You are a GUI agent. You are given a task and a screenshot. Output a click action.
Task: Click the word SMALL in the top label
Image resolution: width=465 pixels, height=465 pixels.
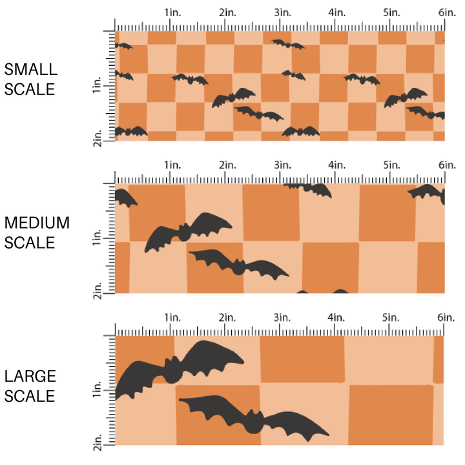30,70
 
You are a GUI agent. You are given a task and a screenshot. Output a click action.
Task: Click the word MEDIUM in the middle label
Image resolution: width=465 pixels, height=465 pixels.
37,223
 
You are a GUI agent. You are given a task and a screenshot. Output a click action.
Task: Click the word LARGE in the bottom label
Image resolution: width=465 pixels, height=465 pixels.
30,376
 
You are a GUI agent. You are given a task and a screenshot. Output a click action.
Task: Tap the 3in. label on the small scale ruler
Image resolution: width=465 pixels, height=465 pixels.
281,13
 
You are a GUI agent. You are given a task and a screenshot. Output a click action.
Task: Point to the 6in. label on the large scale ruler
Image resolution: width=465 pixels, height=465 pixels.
445,318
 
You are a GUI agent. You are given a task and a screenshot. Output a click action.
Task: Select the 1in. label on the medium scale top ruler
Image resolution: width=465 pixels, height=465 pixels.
172,165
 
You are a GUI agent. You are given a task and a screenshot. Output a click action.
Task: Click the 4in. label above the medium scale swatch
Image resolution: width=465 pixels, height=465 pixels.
336,165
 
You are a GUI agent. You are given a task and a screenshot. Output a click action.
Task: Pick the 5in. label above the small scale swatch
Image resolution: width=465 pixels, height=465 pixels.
390,13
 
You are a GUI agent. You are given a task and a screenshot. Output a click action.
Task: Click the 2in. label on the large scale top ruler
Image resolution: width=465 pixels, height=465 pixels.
226,318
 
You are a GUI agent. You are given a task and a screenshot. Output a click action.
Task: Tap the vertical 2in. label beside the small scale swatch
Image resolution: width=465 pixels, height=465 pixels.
98,138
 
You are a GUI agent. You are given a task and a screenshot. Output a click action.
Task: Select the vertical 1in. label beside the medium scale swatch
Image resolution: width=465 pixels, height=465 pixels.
98,239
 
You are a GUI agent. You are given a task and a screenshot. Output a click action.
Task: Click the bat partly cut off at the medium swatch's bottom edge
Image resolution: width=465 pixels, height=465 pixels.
323,291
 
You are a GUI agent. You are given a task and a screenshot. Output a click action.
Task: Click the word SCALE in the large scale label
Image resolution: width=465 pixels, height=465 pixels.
30,396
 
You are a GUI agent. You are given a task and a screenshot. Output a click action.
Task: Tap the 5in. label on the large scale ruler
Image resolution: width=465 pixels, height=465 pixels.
390,318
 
